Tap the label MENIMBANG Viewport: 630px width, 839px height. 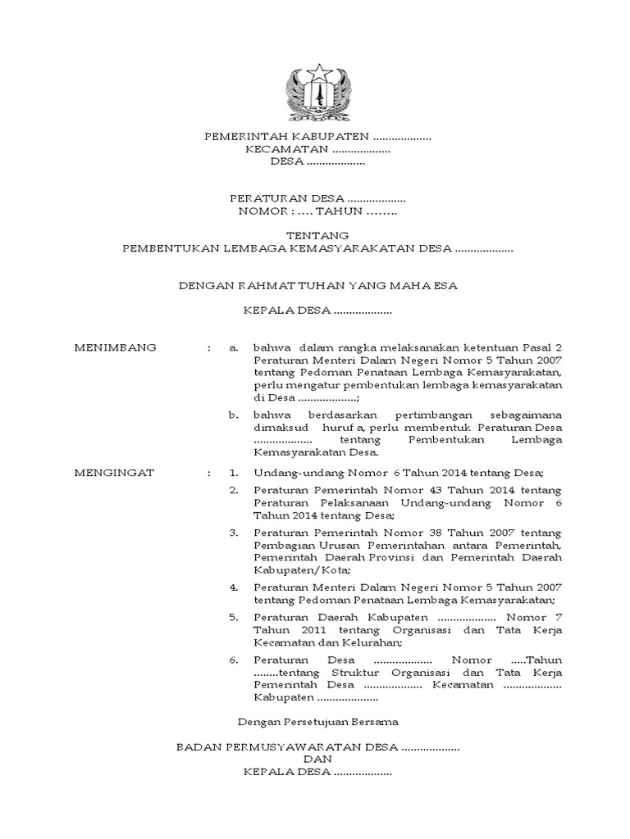pyautogui.click(x=115, y=347)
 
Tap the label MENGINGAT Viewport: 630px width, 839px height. pyautogui.click(x=114, y=473)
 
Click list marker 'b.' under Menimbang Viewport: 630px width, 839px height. pyautogui.click(x=234, y=415)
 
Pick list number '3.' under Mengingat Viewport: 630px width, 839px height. pyautogui.click(x=234, y=533)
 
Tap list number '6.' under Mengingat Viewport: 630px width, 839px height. pyautogui.click(x=234, y=660)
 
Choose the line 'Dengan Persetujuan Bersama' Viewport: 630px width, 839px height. pyautogui.click(x=317, y=722)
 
